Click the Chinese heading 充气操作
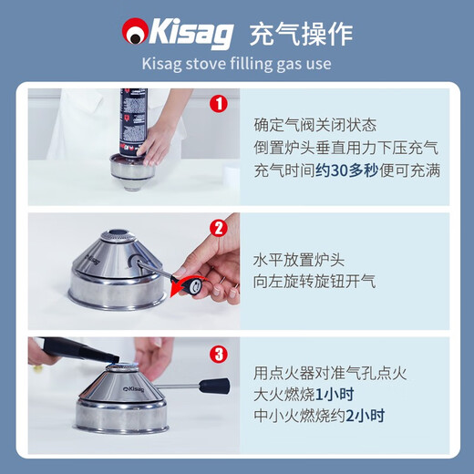click(x=300, y=34)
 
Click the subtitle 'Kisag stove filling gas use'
click(x=236, y=65)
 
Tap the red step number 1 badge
click(x=218, y=103)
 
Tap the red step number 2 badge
click(x=218, y=228)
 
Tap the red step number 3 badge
click(x=218, y=353)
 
